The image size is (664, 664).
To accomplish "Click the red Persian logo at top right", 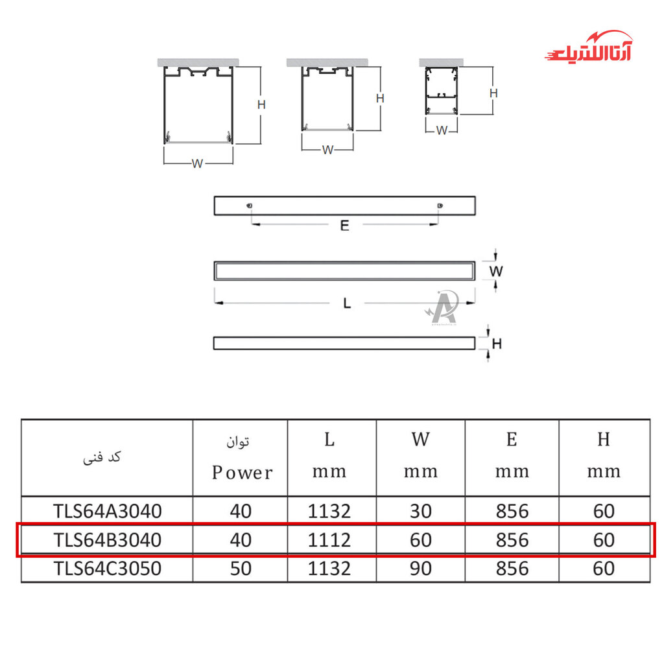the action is [589, 47].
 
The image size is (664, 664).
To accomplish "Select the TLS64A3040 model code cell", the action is [107, 511].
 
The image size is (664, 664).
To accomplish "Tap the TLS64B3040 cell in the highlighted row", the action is [107, 540].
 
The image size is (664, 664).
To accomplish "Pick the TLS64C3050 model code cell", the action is [107, 568].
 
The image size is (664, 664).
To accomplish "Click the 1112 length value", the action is [329, 540].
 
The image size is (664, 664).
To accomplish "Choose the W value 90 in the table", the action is [420, 568].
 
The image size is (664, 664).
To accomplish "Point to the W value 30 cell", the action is [420, 511].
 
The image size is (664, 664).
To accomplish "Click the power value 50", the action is [241, 568].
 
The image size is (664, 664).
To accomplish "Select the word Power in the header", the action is [243, 473].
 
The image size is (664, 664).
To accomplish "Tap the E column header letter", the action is [512, 440].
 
